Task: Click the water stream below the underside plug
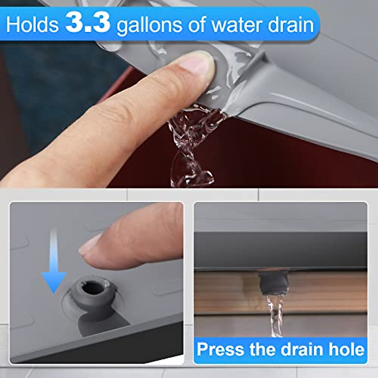275,315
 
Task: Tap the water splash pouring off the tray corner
192,145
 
